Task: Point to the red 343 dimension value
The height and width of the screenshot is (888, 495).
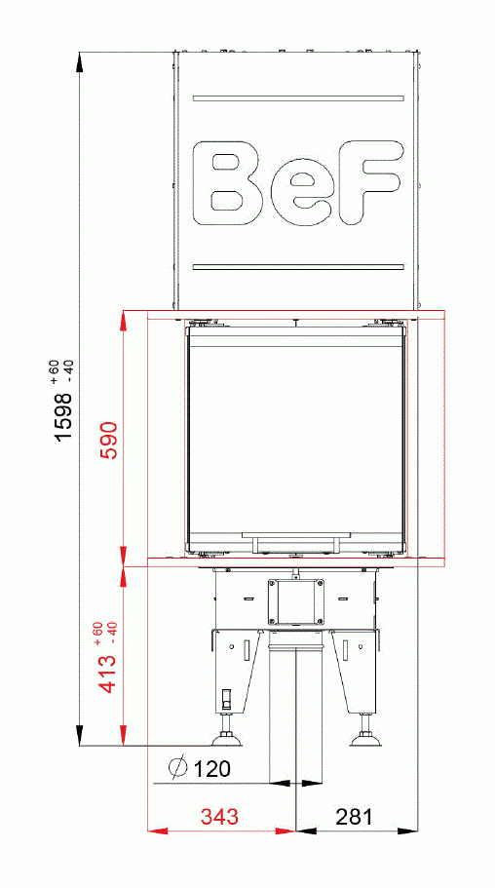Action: click(219, 817)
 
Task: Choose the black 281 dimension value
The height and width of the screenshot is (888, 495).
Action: click(355, 817)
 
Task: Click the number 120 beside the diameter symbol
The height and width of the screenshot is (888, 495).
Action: click(211, 769)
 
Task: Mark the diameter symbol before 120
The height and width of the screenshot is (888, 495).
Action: click(177, 769)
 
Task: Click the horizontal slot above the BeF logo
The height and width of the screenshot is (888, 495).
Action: click(298, 97)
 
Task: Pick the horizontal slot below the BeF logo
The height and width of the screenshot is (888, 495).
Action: click(298, 266)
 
